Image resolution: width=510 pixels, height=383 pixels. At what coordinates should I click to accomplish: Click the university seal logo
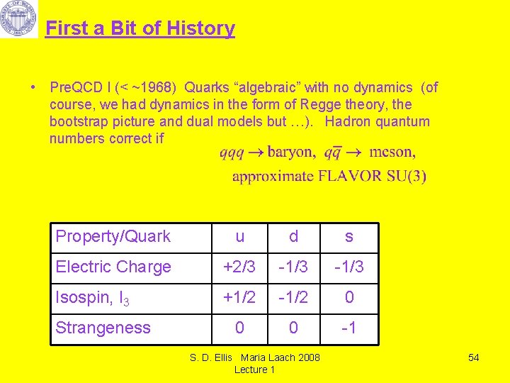[18, 18]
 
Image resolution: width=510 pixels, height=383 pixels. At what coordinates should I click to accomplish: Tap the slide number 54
[474, 357]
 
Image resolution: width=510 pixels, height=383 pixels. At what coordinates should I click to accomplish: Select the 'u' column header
[239, 237]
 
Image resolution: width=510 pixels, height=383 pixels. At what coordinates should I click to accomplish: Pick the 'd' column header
[294, 237]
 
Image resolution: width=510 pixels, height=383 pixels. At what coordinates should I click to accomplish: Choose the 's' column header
[348, 237]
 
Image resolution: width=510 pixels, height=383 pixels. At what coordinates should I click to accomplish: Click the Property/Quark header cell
[113, 237]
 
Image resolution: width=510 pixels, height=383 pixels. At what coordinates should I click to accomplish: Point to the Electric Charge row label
[113, 267]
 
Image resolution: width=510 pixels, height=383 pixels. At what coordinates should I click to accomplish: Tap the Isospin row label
[93, 298]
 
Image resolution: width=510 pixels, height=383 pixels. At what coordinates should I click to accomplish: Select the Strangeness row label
[103, 328]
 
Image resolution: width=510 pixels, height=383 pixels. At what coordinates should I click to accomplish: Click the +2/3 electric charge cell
[239, 267]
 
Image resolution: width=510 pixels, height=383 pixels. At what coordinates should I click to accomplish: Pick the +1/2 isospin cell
[239, 298]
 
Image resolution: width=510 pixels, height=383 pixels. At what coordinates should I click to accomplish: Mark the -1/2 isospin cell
[294, 298]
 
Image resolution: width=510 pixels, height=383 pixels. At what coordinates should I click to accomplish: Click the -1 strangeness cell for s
[348, 328]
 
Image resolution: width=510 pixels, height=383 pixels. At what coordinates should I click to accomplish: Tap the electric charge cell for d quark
[294, 267]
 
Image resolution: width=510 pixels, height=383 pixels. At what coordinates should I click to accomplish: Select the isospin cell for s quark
[348, 298]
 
